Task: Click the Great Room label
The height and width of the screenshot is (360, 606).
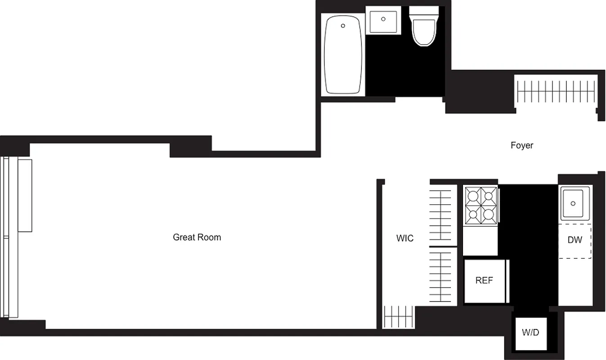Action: click(x=197, y=237)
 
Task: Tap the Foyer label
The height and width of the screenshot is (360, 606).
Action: click(x=522, y=145)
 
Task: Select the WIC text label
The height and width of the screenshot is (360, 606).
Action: click(x=404, y=238)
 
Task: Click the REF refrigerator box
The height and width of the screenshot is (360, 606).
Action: click(x=485, y=281)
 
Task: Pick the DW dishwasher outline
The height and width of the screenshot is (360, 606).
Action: click(x=575, y=240)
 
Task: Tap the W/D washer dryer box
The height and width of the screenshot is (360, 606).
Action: click(x=530, y=333)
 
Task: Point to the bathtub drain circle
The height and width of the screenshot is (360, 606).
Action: click(x=343, y=26)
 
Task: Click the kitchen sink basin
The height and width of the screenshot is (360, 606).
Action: click(x=574, y=204)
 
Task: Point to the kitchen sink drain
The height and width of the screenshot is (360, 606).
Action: click(x=573, y=203)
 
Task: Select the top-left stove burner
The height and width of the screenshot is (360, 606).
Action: click(x=472, y=196)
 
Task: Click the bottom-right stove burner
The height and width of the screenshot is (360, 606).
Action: click(x=488, y=215)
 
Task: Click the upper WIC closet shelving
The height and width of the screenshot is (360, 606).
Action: click(x=440, y=215)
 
